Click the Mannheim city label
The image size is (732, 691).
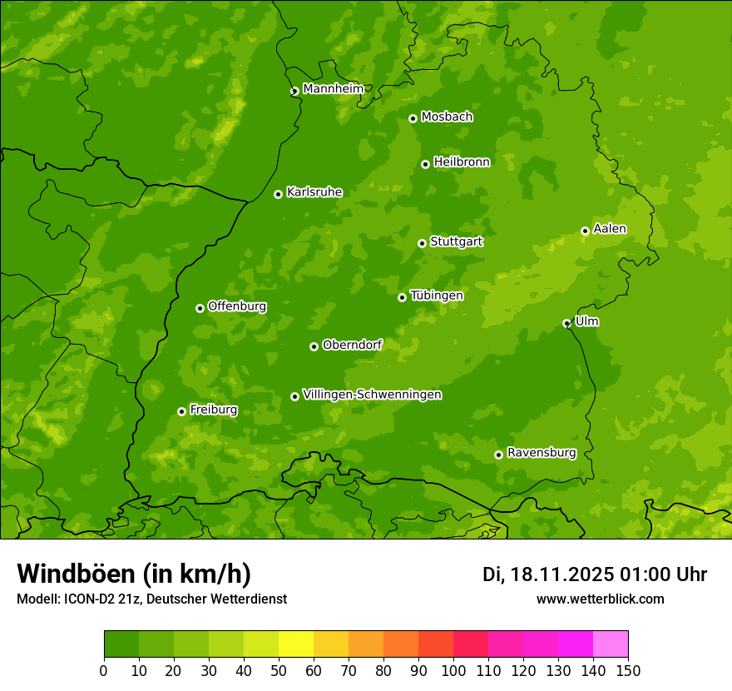[x=333, y=89]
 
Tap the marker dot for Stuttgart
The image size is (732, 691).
[x=422, y=243]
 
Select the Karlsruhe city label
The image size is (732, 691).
[x=314, y=192]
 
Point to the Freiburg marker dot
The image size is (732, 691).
[x=181, y=411]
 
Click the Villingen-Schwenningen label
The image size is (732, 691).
[x=372, y=395]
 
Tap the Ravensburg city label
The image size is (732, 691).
[x=542, y=453]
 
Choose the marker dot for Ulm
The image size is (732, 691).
[x=566, y=323]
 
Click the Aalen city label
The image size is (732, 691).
[x=610, y=229]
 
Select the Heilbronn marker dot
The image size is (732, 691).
[x=425, y=164]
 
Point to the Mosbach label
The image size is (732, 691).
[x=447, y=117]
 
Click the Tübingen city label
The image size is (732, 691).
[x=437, y=296]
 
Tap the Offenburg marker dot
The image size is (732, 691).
[x=200, y=308]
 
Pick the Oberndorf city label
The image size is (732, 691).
[x=352, y=345]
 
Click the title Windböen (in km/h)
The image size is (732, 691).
[x=133, y=574]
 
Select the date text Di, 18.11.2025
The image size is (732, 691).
[x=547, y=574]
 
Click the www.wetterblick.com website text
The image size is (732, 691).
[x=600, y=599]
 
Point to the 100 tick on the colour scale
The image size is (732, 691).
[x=453, y=670]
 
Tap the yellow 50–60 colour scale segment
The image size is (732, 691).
[x=296, y=644]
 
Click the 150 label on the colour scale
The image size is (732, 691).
[x=628, y=670]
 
